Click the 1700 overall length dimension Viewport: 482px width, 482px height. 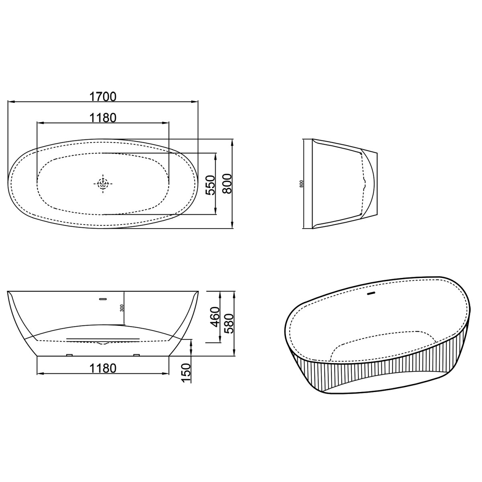(103, 97)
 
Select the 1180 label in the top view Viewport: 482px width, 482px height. (103, 118)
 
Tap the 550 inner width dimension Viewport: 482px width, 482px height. (210, 185)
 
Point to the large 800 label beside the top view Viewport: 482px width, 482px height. (227, 183)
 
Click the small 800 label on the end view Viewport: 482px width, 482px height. (301, 184)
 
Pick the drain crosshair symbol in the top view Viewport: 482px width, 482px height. (103, 184)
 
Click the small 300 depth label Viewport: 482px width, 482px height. (122, 308)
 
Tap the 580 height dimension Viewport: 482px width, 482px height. (229, 323)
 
